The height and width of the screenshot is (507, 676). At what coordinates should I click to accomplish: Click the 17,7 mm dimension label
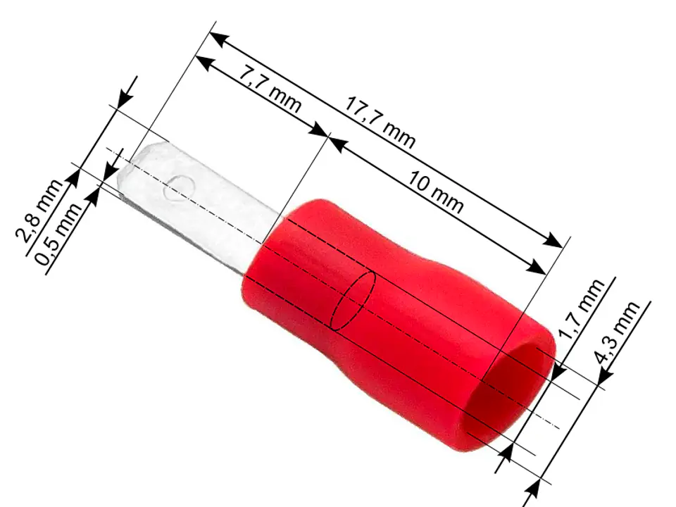(x=380, y=123)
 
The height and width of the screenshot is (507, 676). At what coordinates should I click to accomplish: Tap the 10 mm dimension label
(x=436, y=192)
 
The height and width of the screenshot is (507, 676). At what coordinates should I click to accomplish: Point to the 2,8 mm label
(x=39, y=210)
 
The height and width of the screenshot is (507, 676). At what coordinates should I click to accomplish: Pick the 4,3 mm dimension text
(x=617, y=332)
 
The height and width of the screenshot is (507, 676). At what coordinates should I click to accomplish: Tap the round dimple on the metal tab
(x=179, y=189)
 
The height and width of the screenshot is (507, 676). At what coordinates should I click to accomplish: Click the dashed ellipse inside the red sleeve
(x=353, y=301)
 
